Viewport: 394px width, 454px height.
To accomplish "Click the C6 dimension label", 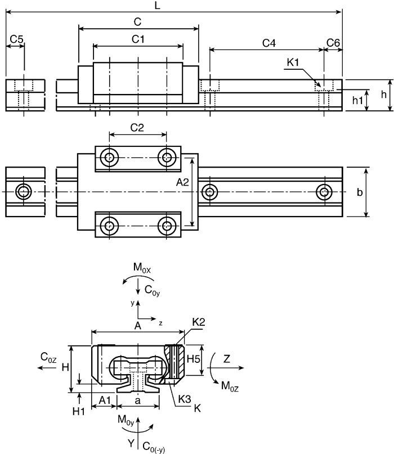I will tap(333, 43).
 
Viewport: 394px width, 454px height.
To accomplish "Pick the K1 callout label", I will tap(293, 62).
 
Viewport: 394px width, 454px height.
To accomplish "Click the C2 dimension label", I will tap(137, 128).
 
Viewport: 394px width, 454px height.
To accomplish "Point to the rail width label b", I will tap(375, 192).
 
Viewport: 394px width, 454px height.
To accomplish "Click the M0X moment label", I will tap(141, 268).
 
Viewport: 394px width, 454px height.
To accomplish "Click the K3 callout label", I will tap(185, 399).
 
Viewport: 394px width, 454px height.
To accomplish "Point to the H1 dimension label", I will tap(78, 411).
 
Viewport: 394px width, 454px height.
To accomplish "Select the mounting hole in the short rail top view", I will tap(24, 191).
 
